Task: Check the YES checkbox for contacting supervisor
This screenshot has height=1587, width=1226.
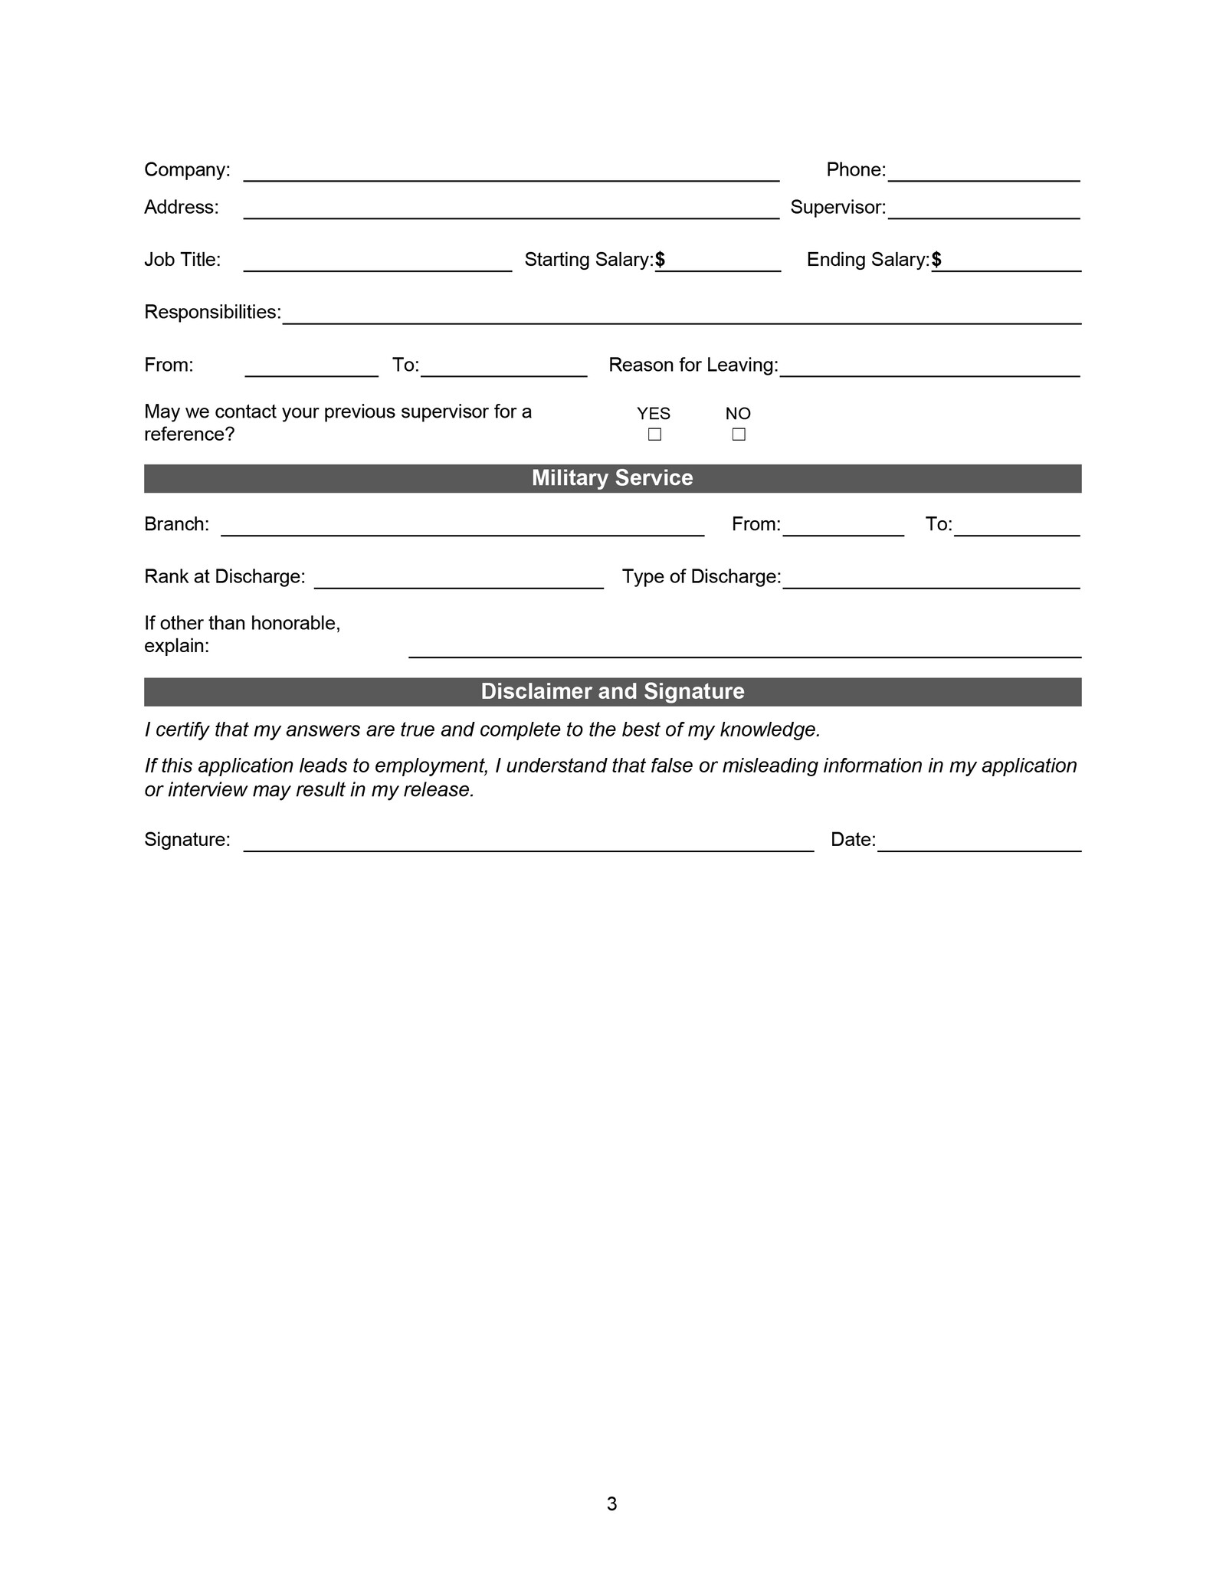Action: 654,434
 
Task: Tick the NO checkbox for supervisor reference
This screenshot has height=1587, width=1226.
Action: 738,434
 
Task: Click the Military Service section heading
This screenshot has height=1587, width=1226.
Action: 612,478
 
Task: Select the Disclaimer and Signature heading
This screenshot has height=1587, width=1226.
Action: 612,691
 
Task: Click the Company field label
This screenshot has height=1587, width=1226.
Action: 187,170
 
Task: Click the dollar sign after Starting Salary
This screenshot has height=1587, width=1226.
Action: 660,261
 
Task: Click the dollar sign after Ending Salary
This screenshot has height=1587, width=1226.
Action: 936,261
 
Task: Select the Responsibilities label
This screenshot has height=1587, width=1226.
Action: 212,313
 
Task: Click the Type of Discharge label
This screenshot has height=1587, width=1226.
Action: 701,577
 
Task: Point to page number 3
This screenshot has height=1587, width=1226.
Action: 611,1504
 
